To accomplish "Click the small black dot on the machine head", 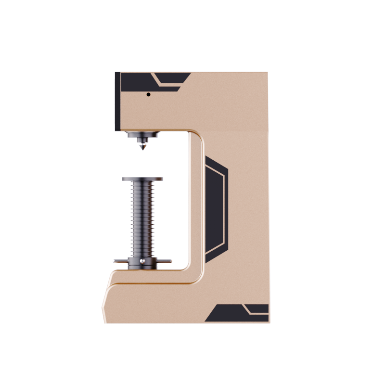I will click(149, 94).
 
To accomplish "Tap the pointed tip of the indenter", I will click(142, 153).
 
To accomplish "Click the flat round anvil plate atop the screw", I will click(142, 179).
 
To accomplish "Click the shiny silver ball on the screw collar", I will click(142, 261).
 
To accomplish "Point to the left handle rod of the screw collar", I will click(119, 261).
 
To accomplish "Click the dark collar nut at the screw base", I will click(142, 264).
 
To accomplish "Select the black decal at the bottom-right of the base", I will click(231, 315).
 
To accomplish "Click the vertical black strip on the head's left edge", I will click(117, 101).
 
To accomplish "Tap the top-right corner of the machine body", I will click(267, 73).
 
